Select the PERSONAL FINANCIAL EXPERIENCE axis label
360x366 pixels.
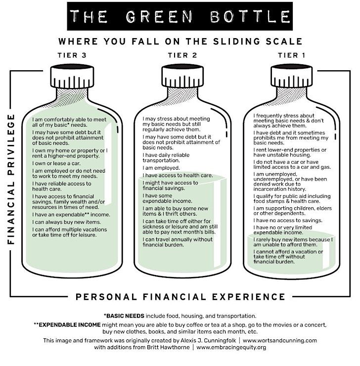coord(180,297)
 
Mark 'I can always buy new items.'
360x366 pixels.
coord(66,222)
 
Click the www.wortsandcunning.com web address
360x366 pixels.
coord(280,340)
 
